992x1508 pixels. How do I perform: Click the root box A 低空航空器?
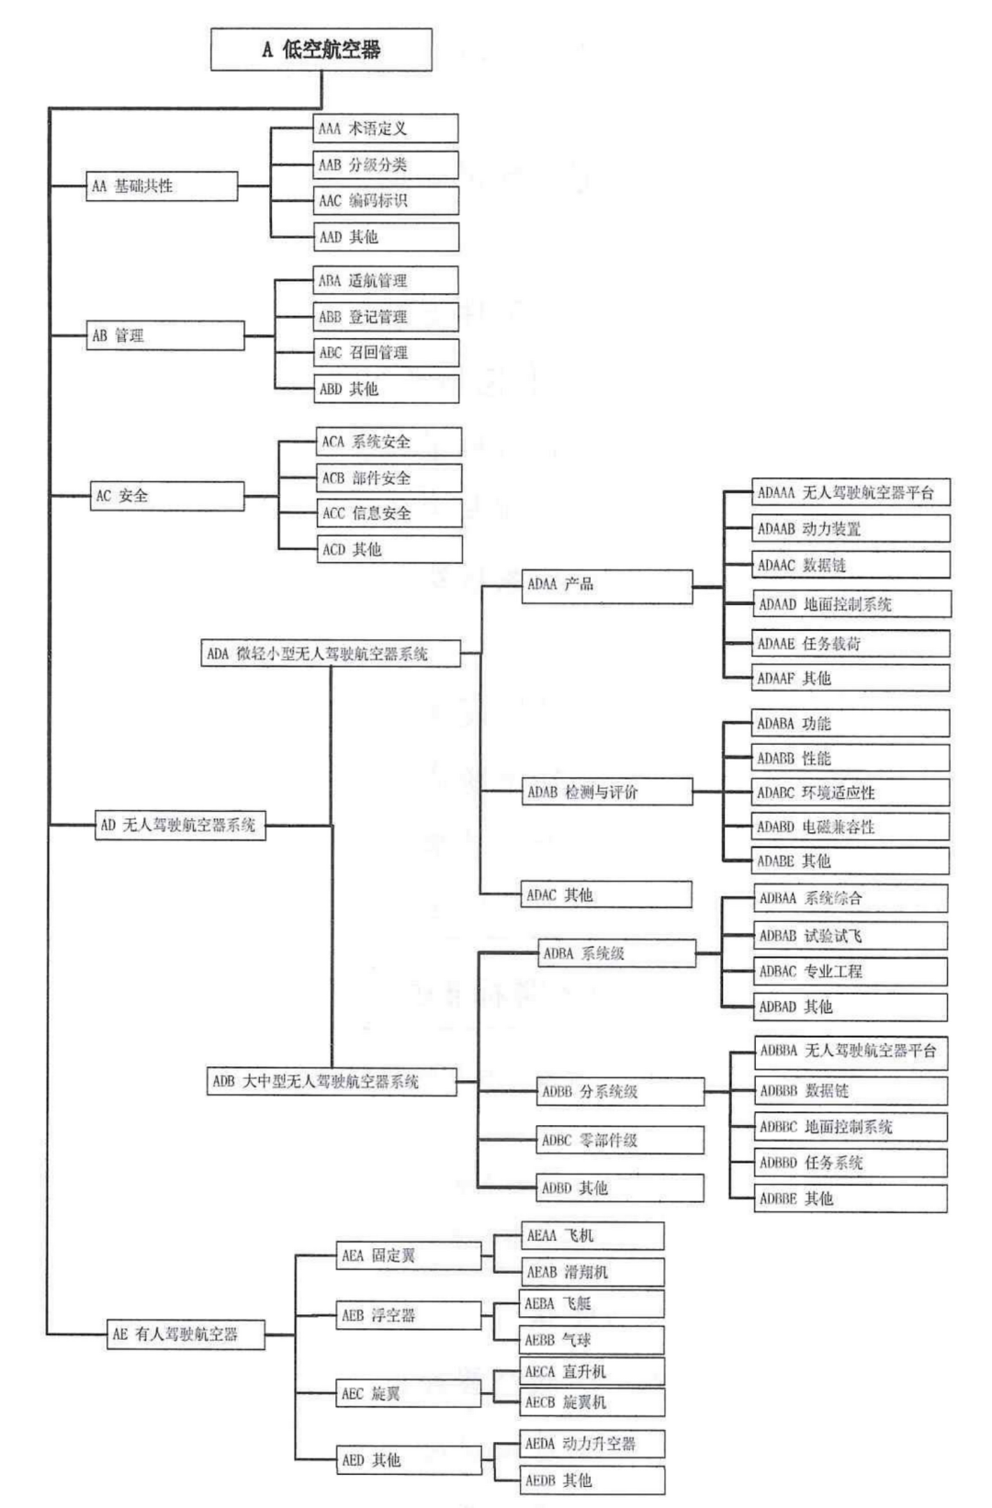click(321, 50)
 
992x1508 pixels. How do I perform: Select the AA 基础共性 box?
click(163, 186)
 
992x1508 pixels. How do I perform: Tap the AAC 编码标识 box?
click(386, 201)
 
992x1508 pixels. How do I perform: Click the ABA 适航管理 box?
click(386, 281)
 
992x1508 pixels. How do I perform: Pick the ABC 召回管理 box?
click(386, 353)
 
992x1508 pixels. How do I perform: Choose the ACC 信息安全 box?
click(389, 513)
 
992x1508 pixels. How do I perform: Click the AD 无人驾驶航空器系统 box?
click(181, 825)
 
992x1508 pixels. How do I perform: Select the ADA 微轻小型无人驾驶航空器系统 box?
click(331, 654)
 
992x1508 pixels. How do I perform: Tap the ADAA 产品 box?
click(607, 585)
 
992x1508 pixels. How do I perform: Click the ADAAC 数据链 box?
click(851, 566)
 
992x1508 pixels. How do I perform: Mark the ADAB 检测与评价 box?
click(607, 792)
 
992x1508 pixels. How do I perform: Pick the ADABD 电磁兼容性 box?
click(851, 827)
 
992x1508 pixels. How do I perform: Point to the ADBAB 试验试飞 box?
click(851, 936)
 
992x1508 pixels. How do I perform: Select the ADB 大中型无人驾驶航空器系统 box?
click(331, 1081)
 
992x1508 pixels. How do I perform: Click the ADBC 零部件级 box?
click(621, 1141)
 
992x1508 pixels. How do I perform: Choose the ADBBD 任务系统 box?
click(851, 1163)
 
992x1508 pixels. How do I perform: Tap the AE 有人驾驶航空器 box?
click(186, 1334)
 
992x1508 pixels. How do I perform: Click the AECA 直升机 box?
click(592, 1372)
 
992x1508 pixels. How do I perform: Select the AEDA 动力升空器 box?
click(592, 1444)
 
